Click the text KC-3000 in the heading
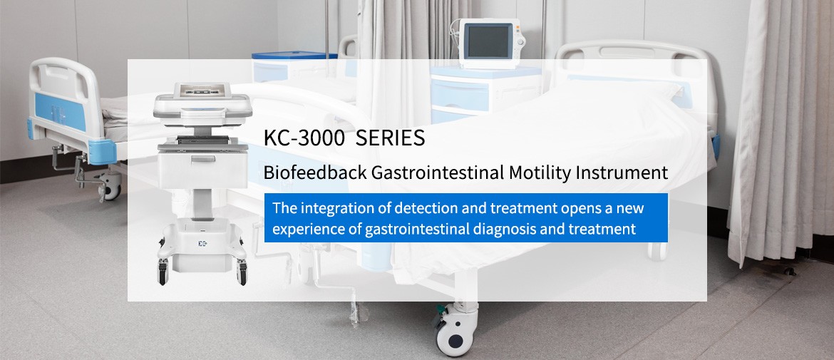304,138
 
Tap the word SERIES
391,138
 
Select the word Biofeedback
315,173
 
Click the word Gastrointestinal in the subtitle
437,173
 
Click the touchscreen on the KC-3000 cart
202,91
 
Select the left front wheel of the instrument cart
163,273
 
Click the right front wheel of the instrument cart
242,273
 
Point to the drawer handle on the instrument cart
203,158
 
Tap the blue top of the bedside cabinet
294,56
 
